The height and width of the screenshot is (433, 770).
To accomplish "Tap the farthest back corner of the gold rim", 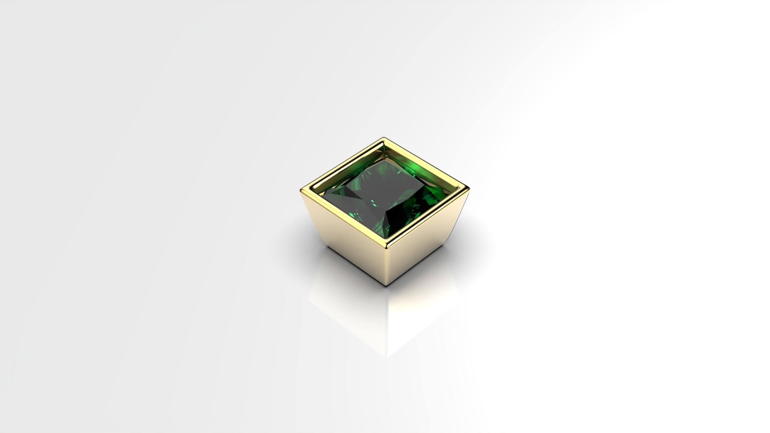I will click(x=384, y=138).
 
